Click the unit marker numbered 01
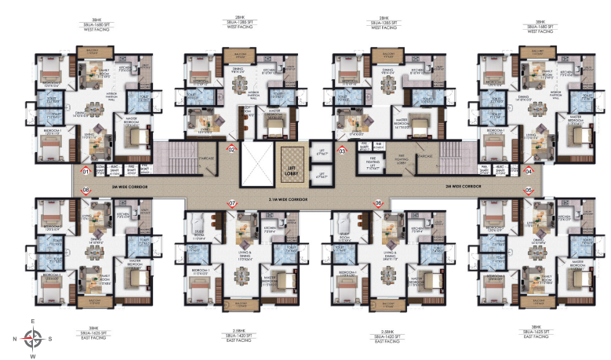[86, 171]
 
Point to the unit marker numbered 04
[529, 171]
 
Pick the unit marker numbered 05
[529, 191]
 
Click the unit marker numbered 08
[86, 191]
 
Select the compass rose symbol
[32, 339]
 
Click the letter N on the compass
[16, 340]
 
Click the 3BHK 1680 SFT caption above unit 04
[539, 27]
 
